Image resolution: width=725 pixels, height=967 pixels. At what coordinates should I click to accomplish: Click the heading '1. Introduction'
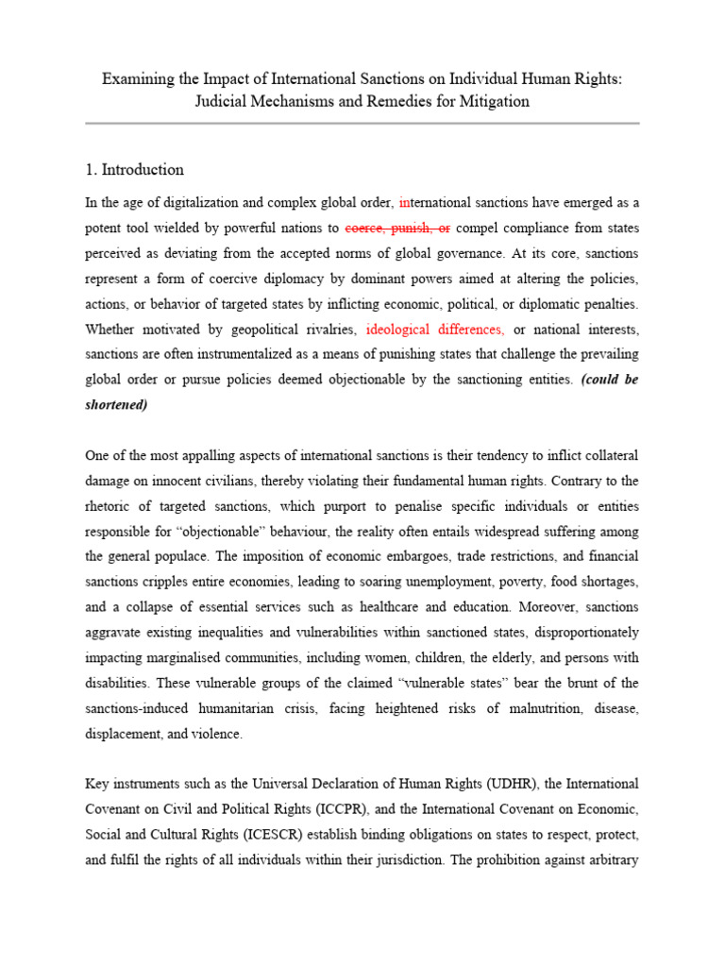tap(134, 170)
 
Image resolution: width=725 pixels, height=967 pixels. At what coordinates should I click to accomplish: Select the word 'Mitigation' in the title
tap(493, 102)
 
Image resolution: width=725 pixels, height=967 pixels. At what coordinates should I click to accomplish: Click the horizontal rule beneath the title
tap(362, 124)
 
